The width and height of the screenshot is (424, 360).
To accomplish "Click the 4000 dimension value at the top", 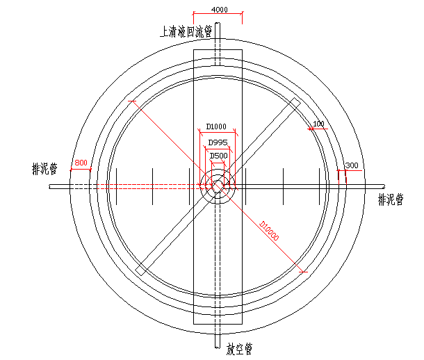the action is (x=220, y=10).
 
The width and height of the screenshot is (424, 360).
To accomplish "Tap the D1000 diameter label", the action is (x=216, y=126).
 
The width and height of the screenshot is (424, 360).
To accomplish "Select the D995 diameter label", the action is (x=218, y=142).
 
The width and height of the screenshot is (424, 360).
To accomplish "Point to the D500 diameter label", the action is (x=218, y=156).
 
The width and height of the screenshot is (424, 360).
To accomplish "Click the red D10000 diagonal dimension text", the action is (x=269, y=231).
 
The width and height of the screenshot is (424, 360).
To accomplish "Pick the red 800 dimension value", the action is (x=81, y=163).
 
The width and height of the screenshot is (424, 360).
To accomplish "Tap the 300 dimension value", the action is (x=352, y=165).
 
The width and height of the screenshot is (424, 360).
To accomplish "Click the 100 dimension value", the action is (x=318, y=124).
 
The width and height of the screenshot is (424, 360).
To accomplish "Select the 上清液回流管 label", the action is (x=186, y=32).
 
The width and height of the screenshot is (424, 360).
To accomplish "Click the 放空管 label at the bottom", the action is (x=239, y=349).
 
